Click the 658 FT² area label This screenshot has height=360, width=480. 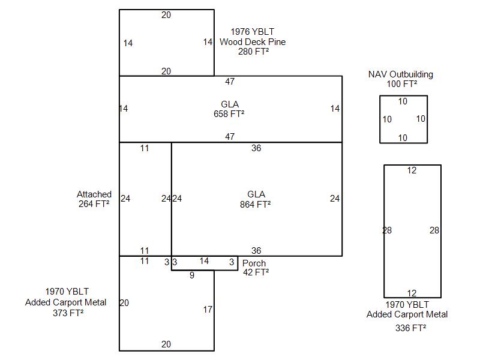coord(229,113)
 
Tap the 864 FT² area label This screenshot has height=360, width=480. coord(256,204)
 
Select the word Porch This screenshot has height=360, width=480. coord(254,263)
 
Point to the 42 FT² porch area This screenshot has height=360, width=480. coord(256,272)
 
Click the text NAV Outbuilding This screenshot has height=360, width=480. coord(400,75)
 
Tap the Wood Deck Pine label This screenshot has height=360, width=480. coord(252,42)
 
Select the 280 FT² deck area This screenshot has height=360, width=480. coord(253,52)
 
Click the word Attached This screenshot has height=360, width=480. coord(94,194)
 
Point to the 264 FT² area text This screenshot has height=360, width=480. coord(94,204)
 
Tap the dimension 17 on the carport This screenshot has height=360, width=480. coord(208,310)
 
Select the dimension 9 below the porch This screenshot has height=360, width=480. coord(191,276)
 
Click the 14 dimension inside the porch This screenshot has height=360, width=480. coord(204,261)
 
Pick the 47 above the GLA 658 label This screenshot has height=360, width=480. coord(230,82)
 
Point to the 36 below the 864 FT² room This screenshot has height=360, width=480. coord(256,251)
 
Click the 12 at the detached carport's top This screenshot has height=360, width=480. coord(412,171)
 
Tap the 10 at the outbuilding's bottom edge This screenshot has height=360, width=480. coord(403,138)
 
